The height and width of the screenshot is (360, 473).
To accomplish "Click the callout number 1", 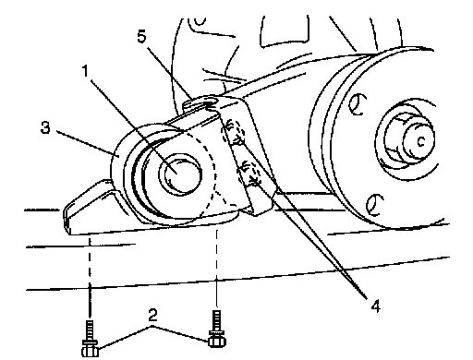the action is point(85,71).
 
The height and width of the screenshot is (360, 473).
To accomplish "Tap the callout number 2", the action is point(152,315).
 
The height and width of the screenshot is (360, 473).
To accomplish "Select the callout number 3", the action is point(45,127).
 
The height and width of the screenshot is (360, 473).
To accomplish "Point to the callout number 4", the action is point(375,306).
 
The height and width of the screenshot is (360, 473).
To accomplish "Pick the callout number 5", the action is point(141,37).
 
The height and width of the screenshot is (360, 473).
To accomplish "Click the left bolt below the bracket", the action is point(90,339).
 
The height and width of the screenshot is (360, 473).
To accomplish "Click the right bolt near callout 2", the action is point(217,330).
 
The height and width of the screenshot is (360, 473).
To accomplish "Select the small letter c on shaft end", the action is point(421,141).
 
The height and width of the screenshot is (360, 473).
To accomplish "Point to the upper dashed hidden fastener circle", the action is point(233,132).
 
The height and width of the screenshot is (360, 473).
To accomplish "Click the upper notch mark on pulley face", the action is point(358,104).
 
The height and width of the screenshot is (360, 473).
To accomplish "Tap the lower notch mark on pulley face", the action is point(375,205).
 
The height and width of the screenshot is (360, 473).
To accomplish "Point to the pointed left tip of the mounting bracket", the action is point(66,212).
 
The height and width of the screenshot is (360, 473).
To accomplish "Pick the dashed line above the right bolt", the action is point(217,269).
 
